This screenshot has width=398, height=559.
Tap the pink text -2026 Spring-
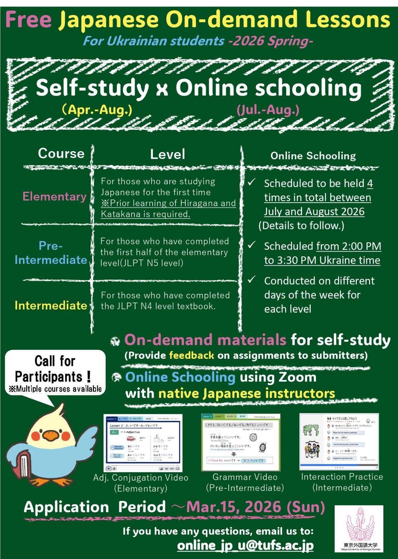pos(270,41)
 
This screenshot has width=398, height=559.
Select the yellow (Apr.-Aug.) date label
pos(97,110)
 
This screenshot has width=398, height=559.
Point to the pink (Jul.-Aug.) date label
pos(268,110)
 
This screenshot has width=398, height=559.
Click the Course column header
pos(61,153)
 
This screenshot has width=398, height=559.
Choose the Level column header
pos(168,154)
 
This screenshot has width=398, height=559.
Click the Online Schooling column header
pos(313,156)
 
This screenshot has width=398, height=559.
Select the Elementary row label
pos(54,196)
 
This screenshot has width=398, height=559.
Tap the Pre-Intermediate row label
pos(51,253)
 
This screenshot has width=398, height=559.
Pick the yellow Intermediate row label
pos(51,305)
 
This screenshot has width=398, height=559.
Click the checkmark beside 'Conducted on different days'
pos(252,280)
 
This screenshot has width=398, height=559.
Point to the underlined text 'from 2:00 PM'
pos(348,246)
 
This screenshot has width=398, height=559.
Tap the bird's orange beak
pos(49,436)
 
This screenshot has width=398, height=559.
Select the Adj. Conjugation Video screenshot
pos(143,443)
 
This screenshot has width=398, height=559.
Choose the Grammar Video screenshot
pos(241,442)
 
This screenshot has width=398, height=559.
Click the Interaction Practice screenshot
pos(339,442)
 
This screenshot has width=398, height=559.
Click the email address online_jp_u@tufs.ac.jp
pos(245,545)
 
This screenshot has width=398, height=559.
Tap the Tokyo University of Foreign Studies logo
pos(359,529)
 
